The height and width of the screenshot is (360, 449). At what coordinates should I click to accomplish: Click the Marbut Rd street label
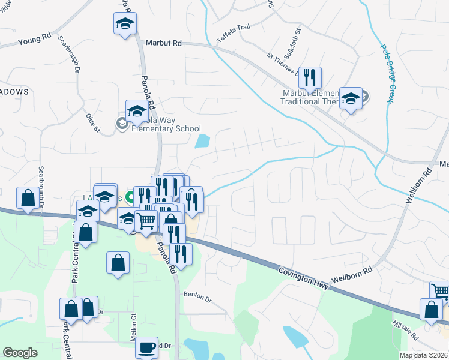point(163,43)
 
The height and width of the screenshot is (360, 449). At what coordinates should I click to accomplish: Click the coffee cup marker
point(146,347)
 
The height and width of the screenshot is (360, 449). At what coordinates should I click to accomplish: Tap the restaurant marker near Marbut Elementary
point(310,77)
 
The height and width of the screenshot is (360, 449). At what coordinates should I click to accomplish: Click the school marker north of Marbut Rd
point(125,25)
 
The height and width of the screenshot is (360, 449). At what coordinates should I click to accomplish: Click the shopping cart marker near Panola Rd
point(146,221)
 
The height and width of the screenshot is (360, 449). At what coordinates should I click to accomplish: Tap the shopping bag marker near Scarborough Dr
point(28,199)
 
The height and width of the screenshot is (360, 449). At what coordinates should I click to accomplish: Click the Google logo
point(20,353)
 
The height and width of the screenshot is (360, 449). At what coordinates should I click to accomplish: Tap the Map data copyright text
point(423,355)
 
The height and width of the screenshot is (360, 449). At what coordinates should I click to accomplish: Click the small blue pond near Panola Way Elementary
point(202,142)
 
